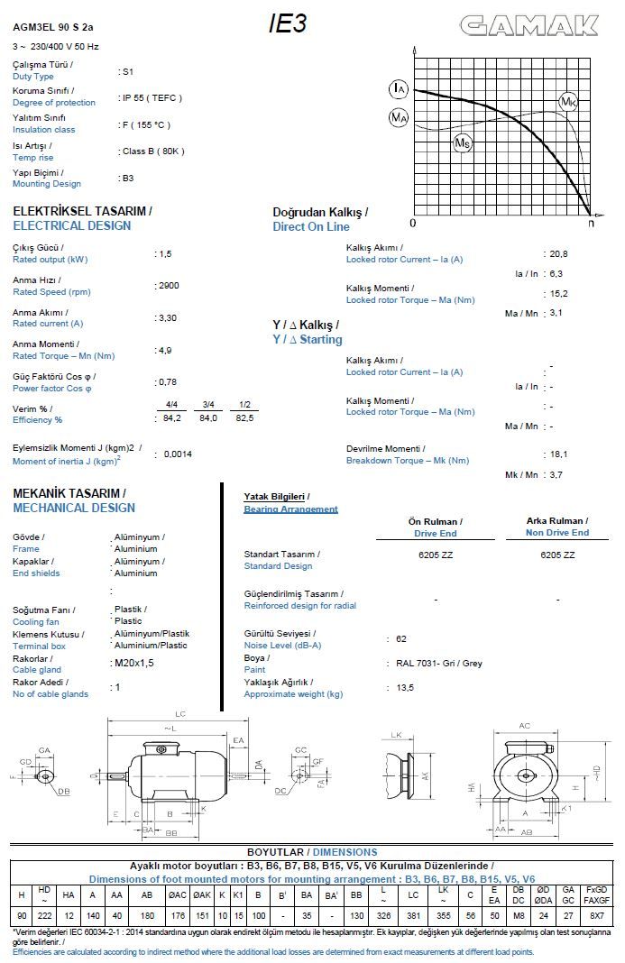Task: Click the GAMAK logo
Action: (x=529, y=26)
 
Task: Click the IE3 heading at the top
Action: (x=288, y=24)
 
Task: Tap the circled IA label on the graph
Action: (x=399, y=88)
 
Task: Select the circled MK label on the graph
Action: (x=568, y=102)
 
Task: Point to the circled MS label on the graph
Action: (x=462, y=142)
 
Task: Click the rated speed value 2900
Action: (x=169, y=285)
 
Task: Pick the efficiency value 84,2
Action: (x=171, y=417)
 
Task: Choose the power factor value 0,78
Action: (x=167, y=381)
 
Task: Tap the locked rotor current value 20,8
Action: (x=558, y=253)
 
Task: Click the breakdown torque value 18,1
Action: (x=558, y=454)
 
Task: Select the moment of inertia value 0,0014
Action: (x=179, y=454)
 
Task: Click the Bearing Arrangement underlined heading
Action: (x=290, y=509)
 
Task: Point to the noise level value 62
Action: (x=401, y=638)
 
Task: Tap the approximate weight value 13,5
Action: (x=405, y=687)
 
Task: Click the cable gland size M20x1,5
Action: (x=135, y=662)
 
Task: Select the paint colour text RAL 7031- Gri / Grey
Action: (x=439, y=663)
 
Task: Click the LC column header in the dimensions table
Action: (x=414, y=894)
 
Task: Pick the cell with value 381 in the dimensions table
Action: (x=414, y=916)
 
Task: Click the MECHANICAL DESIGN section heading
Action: (x=74, y=508)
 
